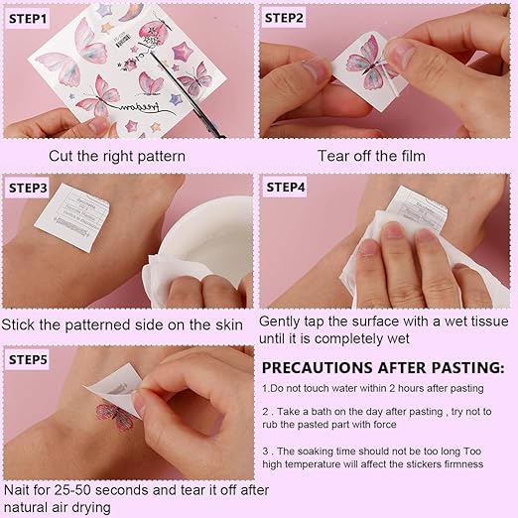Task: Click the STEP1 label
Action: pyautogui.click(x=28, y=19)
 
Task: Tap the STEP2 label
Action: pyautogui.click(x=284, y=18)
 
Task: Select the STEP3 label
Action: pyautogui.click(x=28, y=188)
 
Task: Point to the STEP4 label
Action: pyautogui.click(x=286, y=188)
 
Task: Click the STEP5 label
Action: pyautogui.click(x=28, y=359)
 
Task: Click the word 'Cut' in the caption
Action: pyautogui.click(x=61, y=156)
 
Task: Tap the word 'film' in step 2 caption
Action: pyautogui.click(x=414, y=156)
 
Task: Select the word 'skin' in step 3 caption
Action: pyautogui.click(x=229, y=324)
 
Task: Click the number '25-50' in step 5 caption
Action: pyautogui.click(x=70, y=490)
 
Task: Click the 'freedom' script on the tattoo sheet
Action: pyautogui.click(x=140, y=107)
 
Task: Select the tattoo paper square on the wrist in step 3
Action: pyautogui.click(x=71, y=217)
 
